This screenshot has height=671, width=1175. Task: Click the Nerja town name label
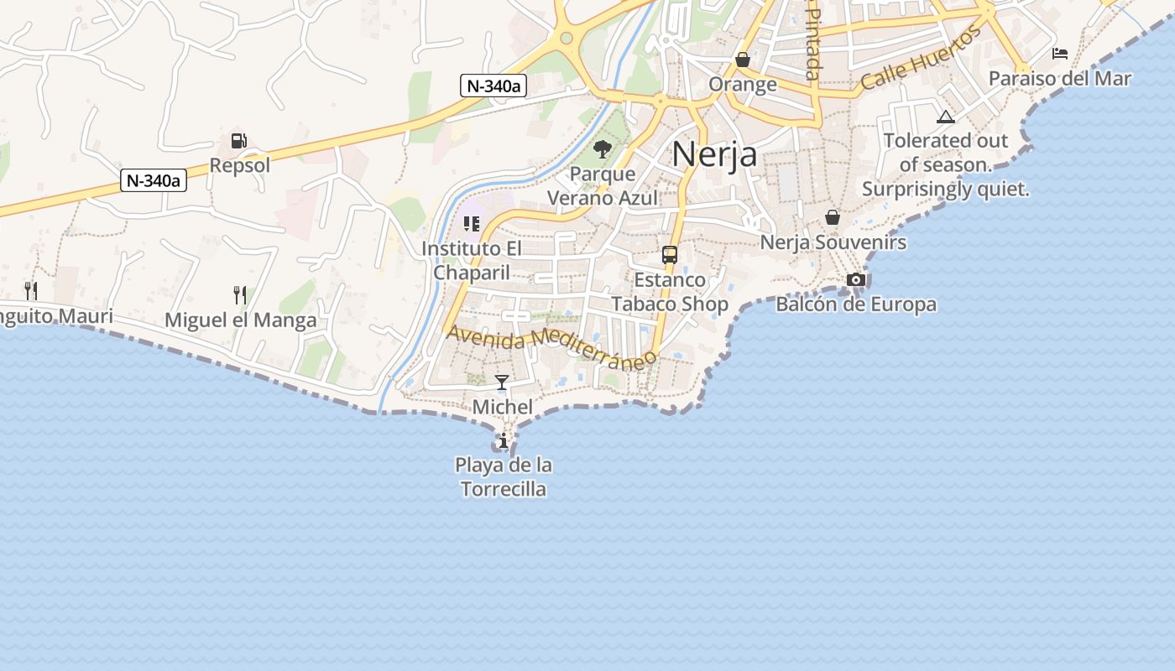pos(714,154)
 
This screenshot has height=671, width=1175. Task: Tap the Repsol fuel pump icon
pos(239,141)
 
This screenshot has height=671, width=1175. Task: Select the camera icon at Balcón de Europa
pos(855,279)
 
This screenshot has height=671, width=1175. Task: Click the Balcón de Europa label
pos(855,304)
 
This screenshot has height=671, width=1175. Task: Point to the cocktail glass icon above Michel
pos(502,382)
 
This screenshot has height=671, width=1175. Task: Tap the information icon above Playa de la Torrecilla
pos(503,440)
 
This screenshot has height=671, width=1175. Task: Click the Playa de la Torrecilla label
pos(504,476)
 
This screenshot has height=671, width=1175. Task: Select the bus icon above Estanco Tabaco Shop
pos(669,255)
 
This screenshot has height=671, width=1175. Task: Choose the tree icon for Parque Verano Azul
pos(602,150)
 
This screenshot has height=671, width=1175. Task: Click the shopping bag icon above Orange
pos(742,60)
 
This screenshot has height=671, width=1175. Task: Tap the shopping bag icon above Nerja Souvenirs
pos(832,217)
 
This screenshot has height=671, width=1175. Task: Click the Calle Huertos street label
pos(921,57)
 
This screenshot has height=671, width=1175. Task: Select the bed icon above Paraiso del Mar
pos(1060,54)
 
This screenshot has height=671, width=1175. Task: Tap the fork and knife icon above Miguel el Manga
pos(240,294)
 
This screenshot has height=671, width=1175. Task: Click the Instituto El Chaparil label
pos(471,260)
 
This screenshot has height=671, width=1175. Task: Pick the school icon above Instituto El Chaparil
pos(471,224)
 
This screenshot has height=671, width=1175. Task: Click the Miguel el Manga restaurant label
pos(240,320)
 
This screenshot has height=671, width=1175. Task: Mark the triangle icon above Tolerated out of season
pos(945,117)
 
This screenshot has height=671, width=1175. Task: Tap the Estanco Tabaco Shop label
pos(669,292)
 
